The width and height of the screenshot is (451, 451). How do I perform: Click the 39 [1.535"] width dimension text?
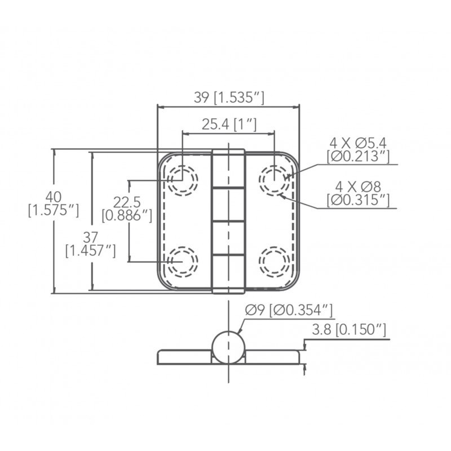click(229, 98)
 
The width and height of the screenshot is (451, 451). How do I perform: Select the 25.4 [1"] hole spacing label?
click(229, 124)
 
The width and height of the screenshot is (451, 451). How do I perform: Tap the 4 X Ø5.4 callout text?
click(358, 143)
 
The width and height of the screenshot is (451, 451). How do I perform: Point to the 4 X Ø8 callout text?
click(358, 187)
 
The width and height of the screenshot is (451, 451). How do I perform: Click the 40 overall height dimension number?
click(54, 197)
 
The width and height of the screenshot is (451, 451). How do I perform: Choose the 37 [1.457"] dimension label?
click(91, 244)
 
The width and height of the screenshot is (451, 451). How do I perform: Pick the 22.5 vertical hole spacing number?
click(127, 202)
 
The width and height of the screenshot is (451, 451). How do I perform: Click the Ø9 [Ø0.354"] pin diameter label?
click(289, 310)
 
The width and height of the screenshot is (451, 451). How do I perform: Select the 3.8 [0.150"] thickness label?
click(349, 329)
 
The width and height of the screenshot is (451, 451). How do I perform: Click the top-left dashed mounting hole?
click(183, 180)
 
